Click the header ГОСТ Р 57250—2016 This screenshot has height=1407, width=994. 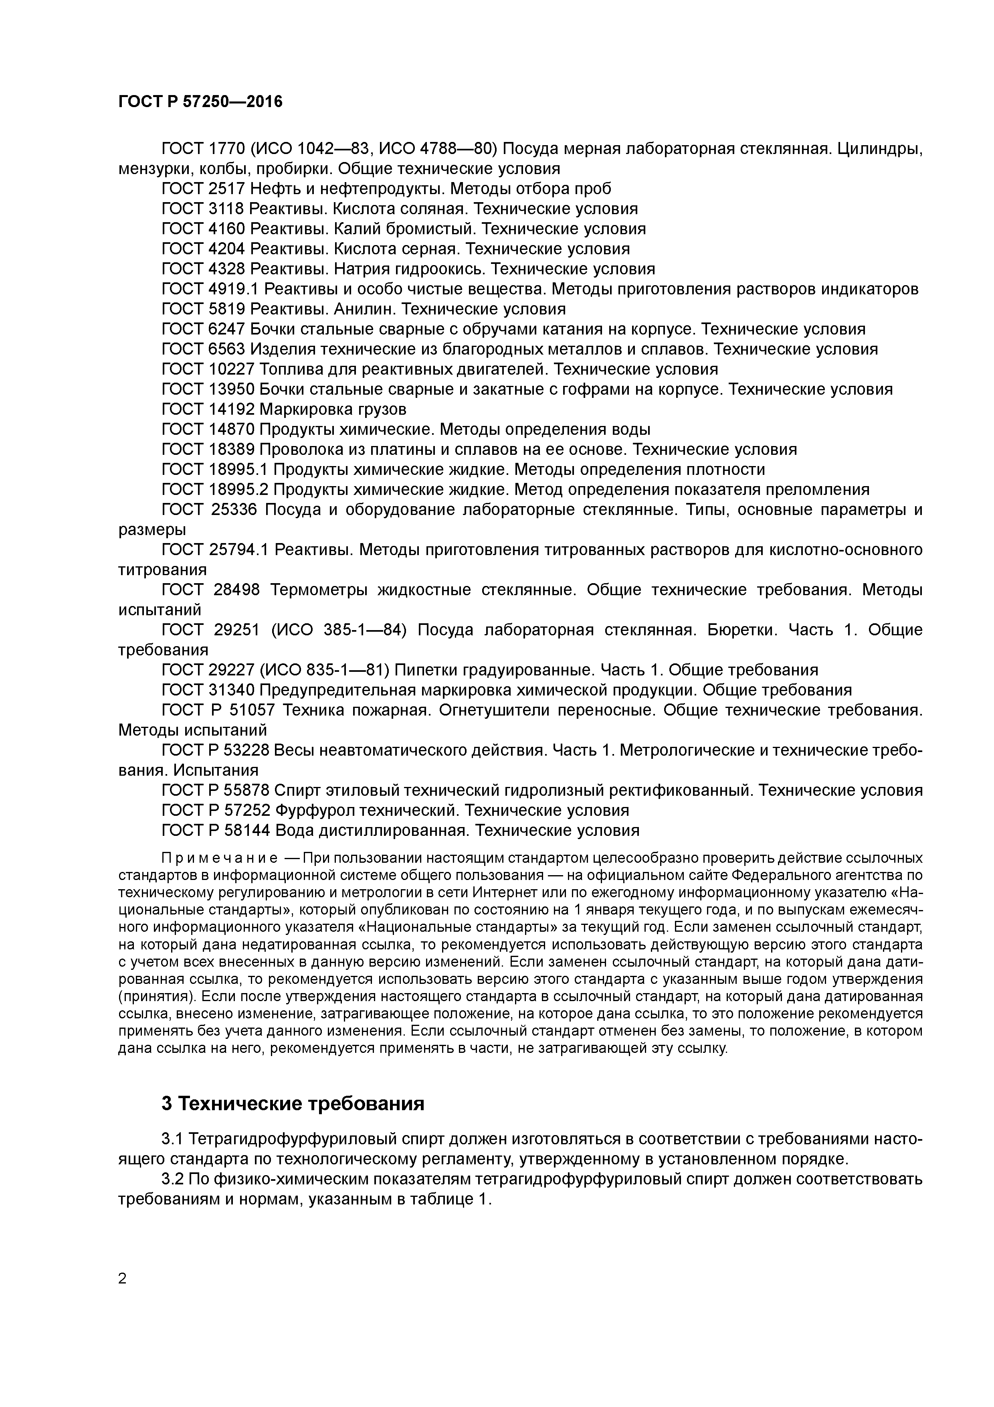(x=200, y=102)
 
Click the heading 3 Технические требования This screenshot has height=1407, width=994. (x=293, y=1104)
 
